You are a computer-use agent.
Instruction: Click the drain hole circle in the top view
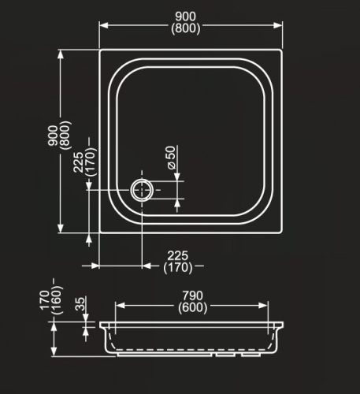tap(142, 189)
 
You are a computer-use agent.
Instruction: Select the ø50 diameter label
tap(170, 158)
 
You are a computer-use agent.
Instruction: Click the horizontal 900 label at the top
tap(190, 16)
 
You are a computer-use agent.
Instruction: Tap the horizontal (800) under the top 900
tap(190, 28)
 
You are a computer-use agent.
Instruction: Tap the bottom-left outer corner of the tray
tap(99, 233)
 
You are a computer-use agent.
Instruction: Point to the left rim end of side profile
tap(101, 324)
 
